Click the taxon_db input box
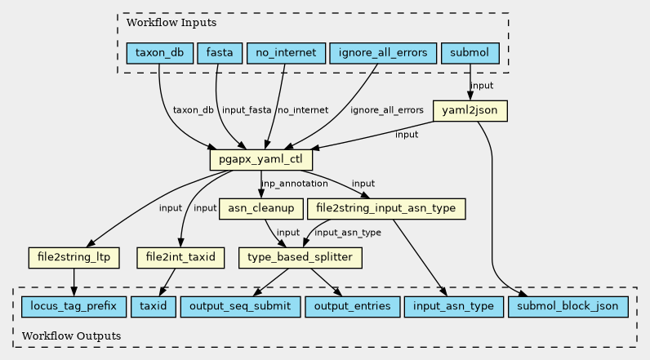pos(159,54)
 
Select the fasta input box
pos(219,54)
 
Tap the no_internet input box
pos(286,54)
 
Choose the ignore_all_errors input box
pos(381,54)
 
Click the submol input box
pos(470,54)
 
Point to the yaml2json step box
pos(470,110)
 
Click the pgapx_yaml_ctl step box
pos(261,159)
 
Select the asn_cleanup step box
pos(261,208)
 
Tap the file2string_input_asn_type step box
pos(386,208)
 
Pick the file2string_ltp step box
pos(73,258)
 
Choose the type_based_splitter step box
pos(300,258)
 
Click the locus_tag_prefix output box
pos(73,307)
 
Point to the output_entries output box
pos(352,307)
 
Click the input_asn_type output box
pos(453,307)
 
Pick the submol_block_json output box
pos(568,307)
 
